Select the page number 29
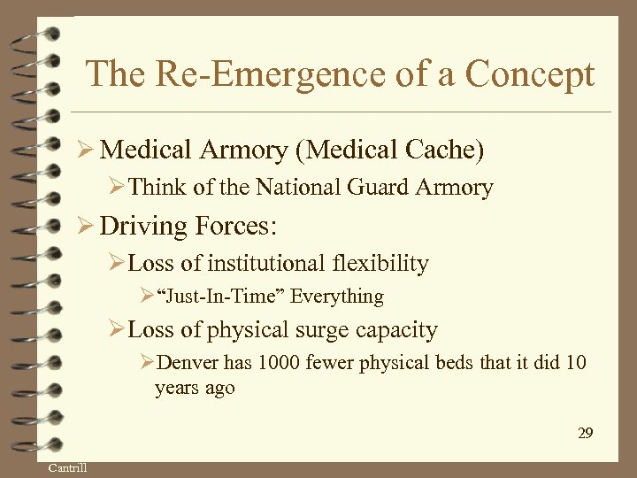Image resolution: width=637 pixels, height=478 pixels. tap(585, 433)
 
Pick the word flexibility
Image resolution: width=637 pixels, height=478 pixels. tap(384, 263)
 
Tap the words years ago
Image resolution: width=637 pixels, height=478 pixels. tap(195, 388)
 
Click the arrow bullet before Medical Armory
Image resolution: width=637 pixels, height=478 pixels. tap(87, 150)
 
